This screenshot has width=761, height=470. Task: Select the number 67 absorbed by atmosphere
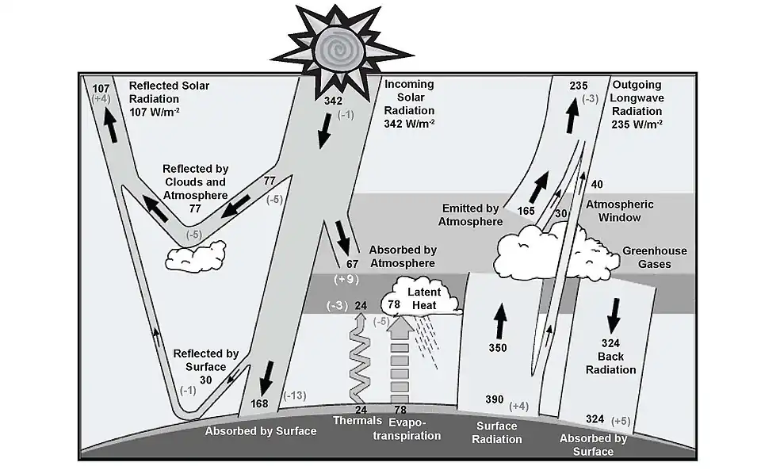pyautogui.click(x=353, y=263)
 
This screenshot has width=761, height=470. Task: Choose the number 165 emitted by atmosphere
pyautogui.click(x=526, y=211)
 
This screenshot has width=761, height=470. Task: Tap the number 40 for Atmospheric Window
pyautogui.click(x=597, y=185)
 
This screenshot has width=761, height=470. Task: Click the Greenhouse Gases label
pyautogui.click(x=654, y=258)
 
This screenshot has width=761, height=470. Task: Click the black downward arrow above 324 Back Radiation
pyautogui.click(x=613, y=319)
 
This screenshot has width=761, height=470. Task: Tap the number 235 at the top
pyautogui.click(x=579, y=86)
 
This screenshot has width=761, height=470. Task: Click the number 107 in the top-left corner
pyautogui.click(x=101, y=87)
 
